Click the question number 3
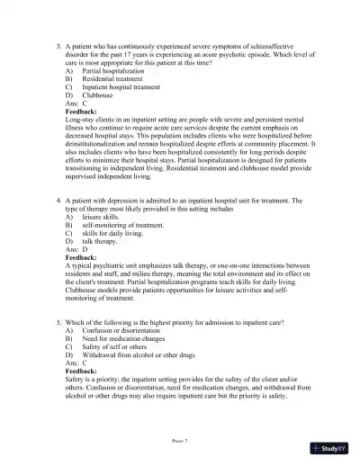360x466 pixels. (57, 43)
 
